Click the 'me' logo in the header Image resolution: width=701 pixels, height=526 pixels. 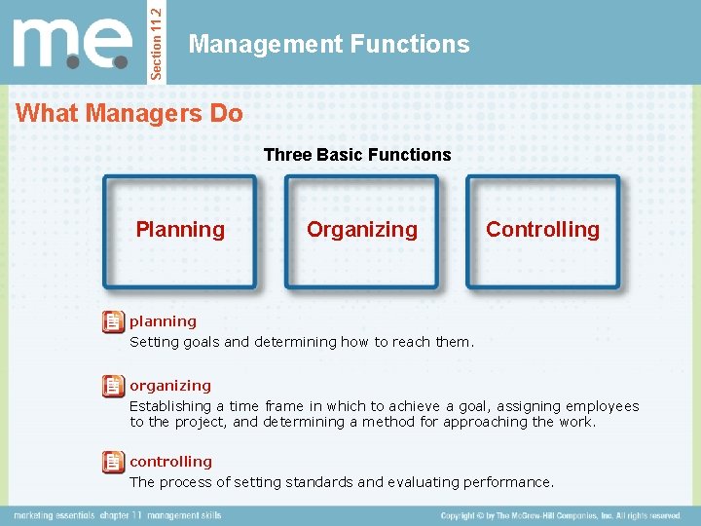click(x=73, y=43)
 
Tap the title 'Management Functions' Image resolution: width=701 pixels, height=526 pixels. click(x=329, y=44)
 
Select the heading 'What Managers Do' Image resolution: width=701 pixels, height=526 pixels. click(x=129, y=113)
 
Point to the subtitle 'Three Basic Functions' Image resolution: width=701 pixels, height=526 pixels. click(x=357, y=155)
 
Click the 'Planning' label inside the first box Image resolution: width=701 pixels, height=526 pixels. click(x=180, y=230)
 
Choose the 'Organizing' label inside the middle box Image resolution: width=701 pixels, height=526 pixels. click(x=361, y=230)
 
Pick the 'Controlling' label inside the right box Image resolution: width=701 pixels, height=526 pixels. click(x=542, y=230)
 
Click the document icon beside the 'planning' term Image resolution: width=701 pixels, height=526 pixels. click(x=113, y=321)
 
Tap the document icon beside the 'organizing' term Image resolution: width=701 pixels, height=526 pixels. click(x=113, y=386)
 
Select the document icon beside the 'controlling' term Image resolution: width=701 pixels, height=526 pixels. click(x=113, y=462)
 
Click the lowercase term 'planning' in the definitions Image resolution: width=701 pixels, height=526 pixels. click(x=163, y=321)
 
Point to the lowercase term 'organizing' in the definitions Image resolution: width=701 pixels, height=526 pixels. click(x=170, y=386)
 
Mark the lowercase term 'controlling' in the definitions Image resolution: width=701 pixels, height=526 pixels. click(x=170, y=462)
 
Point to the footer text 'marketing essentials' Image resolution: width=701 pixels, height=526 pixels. click(x=55, y=515)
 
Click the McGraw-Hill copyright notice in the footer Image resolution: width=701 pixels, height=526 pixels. click(x=560, y=515)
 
